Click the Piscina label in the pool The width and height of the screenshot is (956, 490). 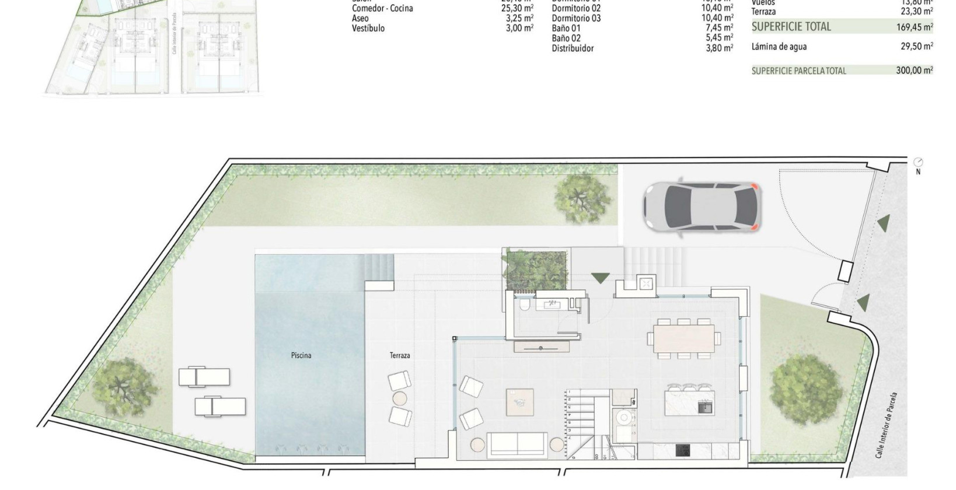301,355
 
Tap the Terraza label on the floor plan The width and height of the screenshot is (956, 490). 400,355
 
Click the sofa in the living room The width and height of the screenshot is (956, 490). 517,444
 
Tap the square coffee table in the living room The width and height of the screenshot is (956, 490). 519,402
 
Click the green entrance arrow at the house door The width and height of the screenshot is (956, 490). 600,278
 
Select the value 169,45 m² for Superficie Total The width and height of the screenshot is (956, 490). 914,27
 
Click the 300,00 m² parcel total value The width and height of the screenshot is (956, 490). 914,71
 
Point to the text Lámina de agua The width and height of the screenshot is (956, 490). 779,47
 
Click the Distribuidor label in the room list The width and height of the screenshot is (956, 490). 573,48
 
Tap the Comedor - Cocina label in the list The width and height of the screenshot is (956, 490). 382,9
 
